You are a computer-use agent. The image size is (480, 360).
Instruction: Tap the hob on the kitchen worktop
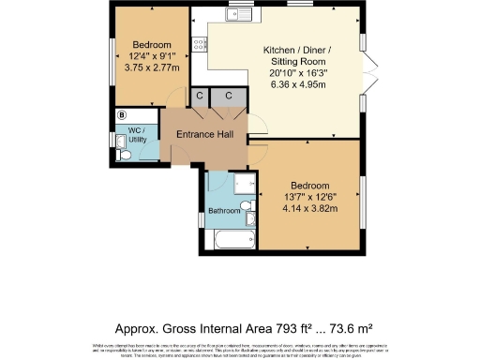[x=199, y=43]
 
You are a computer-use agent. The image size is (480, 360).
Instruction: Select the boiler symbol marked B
[x=122, y=115]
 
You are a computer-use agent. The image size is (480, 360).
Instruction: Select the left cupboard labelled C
[x=200, y=97]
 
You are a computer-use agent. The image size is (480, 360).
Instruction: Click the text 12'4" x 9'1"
[x=151, y=55]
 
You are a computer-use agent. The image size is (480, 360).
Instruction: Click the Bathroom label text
[x=224, y=211]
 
